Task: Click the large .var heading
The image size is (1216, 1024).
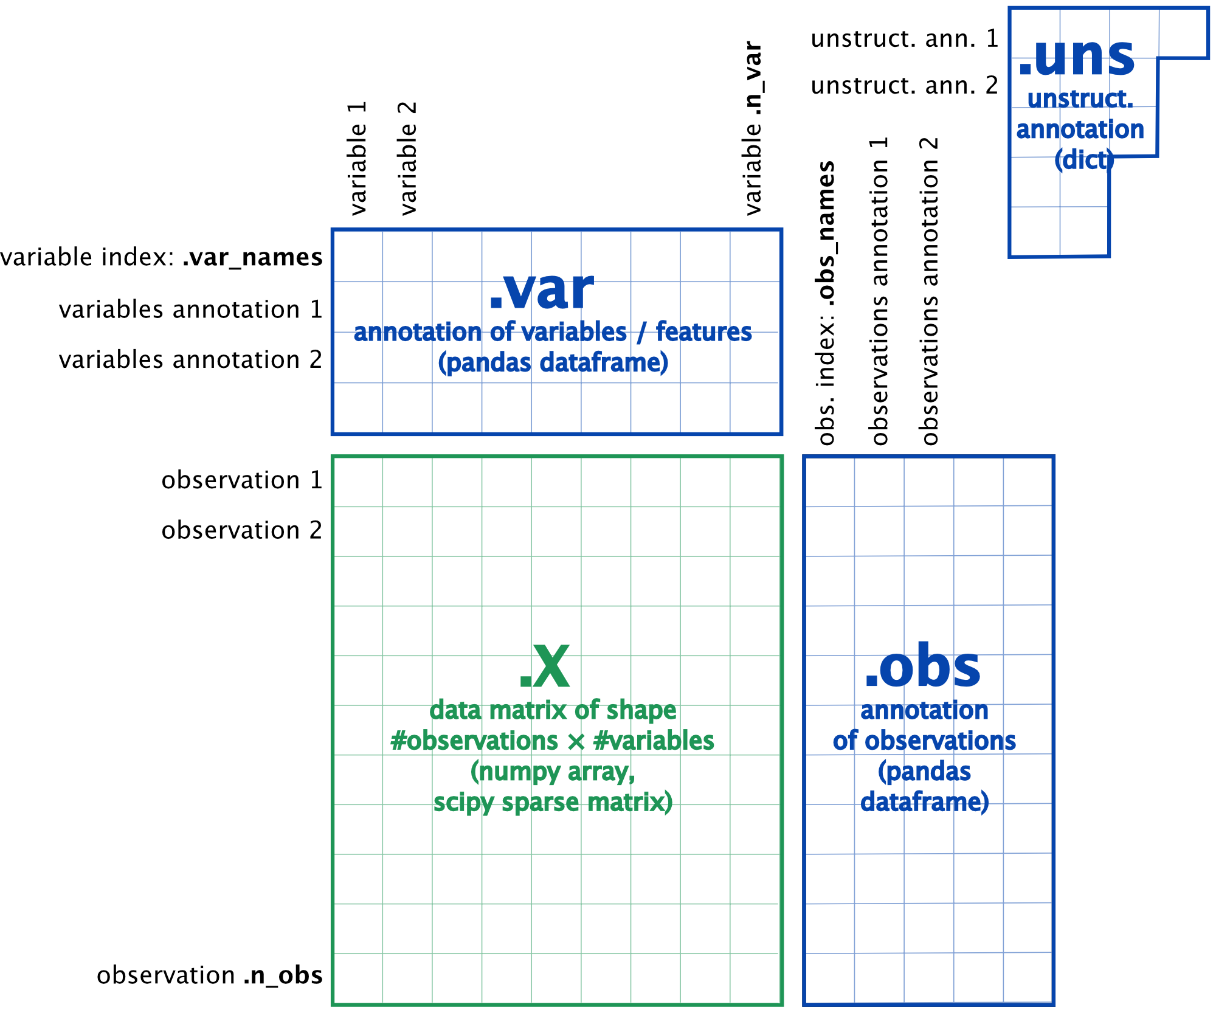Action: (x=542, y=291)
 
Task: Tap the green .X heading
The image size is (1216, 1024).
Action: (x=545, y=667)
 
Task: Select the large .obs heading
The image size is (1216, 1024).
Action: (x=923, y=667)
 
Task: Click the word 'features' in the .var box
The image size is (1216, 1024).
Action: (x=704, y=333)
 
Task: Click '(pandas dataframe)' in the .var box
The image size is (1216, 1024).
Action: (x=553, y=363)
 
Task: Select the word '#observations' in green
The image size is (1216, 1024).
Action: (x=474, y=741)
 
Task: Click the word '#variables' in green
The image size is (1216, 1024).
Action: (x=654, y=741)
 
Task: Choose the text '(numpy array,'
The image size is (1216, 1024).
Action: (x=553, y=772)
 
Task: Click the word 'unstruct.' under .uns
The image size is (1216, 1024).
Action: (x=1080, y=99)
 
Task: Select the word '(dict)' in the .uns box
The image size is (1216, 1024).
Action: (x=1085, y=161)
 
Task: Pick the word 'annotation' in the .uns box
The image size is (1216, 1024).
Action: (x=1080, y=130)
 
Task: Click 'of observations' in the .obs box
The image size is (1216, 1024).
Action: (x=924, y=741)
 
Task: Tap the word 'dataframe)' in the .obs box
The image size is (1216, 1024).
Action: (x=925, y=803)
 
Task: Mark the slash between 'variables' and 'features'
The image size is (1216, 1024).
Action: (x=641, y=333)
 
